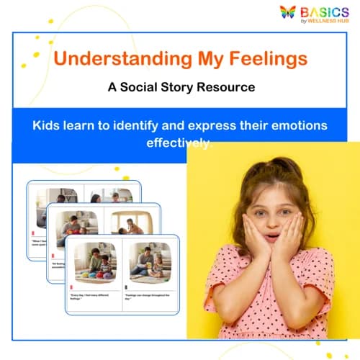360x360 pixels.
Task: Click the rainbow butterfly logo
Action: click(x=289, y=12)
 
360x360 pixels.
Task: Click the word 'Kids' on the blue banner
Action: click(x=48, y=125)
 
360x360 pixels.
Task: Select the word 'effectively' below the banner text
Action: click(x=180, y=143)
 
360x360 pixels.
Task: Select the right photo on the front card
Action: click(x=150, y=261)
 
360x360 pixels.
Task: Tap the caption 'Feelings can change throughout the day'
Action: click(x=148, y=297)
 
